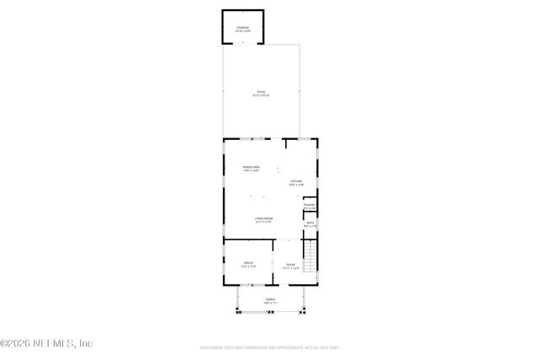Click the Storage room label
tap(243, 28)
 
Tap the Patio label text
tap(261, 92)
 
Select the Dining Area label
tap(251, 168)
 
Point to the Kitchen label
tap(296, 181)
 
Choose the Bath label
tap(310, 223)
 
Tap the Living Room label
tap(263, 219)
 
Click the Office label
tap(249, 263)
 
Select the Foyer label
tap(290, 265)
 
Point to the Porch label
tap(270, 299)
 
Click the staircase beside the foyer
tap(310, 255)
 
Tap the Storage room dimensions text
tap(243, 31)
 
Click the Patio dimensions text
tap(261, 95)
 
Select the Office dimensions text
tap(249, 266)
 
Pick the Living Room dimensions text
tap(263, 223)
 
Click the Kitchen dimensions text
tap(296, 185)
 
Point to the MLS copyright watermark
tap(47, 343)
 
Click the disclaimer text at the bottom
tap(271, 347)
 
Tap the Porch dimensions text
tap(270, 303)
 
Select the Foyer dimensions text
tap(290, 268)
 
